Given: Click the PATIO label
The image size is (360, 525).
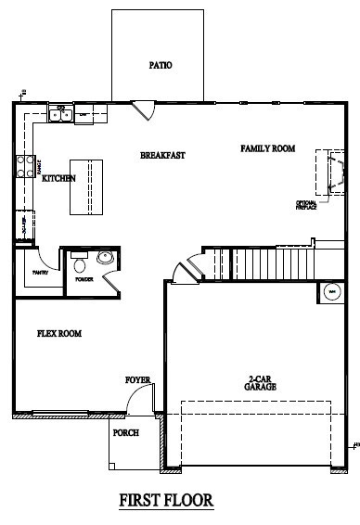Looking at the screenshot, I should coord(161,66).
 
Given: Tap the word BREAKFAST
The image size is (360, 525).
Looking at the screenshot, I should coord(162,155).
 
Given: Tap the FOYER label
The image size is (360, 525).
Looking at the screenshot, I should coord(137,380).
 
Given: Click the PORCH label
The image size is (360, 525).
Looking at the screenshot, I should coord(125,433).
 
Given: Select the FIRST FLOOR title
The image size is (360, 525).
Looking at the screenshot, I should coord(166,500).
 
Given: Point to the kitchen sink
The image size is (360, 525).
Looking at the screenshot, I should coord(60,115).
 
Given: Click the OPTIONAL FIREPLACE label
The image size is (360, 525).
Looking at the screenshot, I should coord(308,205).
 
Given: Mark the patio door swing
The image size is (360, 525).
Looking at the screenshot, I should coord(144,108).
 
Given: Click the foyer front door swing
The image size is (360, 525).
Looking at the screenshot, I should coord(138,403).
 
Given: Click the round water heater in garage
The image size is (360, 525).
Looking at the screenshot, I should coord(329,293).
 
